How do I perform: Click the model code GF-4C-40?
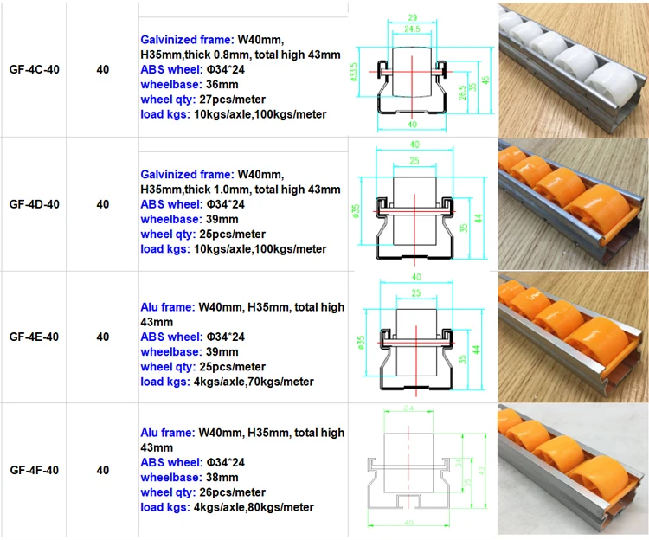(x=34, y=69)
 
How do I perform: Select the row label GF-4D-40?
(x=34, y=205)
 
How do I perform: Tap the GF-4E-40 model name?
(x=34, y=337)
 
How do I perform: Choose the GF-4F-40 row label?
(x=34, y=471)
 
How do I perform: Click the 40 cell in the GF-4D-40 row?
(x=103, y=205)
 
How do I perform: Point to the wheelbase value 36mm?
(x=222, y=85)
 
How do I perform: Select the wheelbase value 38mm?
(x=222, y=477)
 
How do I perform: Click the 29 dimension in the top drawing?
(x=412, y=17)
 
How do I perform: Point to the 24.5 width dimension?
(x=412, y=29)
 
